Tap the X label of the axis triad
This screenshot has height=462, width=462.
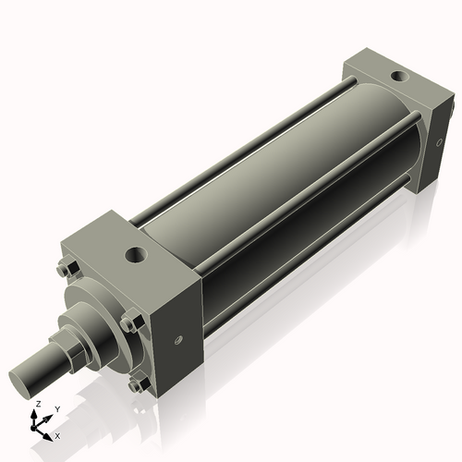point(57,434)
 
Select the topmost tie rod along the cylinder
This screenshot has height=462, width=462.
point(240,148)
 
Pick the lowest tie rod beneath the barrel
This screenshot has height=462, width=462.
point(305,277)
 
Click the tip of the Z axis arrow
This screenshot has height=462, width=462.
point(36,412)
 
